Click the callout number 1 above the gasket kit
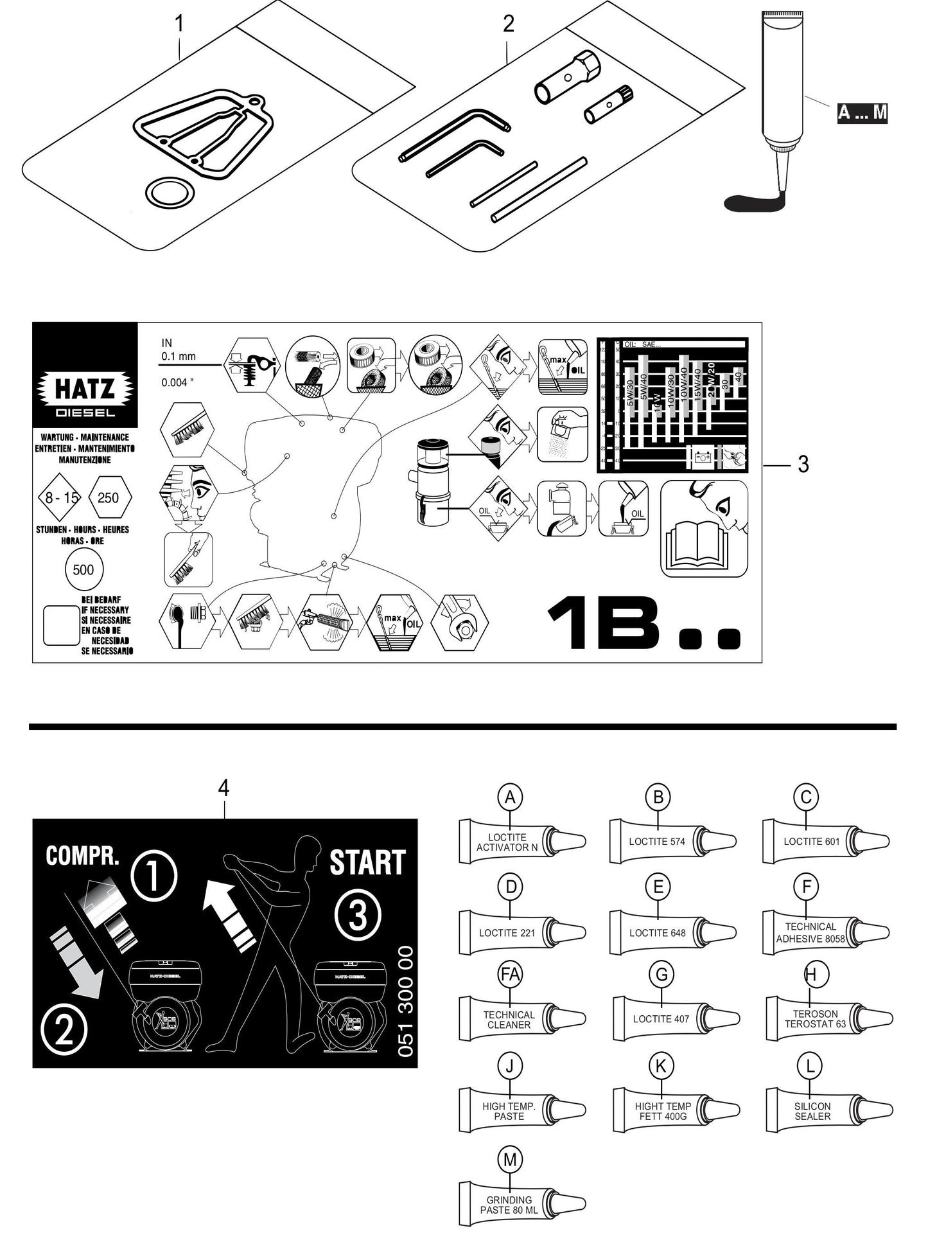179,24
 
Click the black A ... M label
862,112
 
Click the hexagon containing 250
108,497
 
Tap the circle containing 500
83,570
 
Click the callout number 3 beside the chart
803,465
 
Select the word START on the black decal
367,863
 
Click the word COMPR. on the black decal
82,856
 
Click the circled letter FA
510,975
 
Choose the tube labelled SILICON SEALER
828,1111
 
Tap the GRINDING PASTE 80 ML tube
521,1205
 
